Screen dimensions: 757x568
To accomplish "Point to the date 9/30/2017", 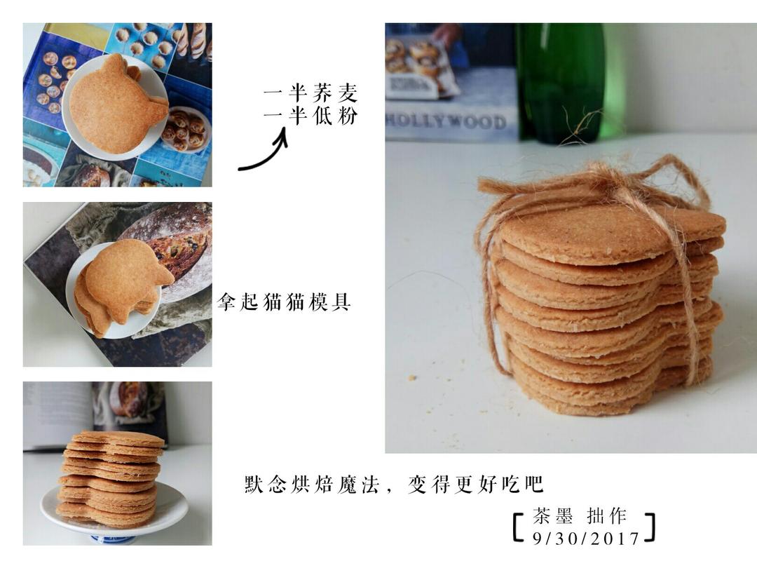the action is tap(586, 538).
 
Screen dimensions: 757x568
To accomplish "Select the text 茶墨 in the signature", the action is tap(552, 516).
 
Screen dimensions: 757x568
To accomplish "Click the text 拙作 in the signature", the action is tap(607, 516).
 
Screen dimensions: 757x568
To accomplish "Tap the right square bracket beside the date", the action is tap(650, 527).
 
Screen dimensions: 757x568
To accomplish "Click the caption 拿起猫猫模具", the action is tap(283, 302).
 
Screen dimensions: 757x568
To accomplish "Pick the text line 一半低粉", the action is tap(311, 116).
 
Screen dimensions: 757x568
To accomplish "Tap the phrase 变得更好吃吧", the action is tap(476, 484).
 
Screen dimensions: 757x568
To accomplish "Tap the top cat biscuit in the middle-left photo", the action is tap(126, 279).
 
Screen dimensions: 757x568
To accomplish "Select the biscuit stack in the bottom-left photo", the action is tap(110, 478).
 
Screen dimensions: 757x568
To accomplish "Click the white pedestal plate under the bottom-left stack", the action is tap(114, 513).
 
